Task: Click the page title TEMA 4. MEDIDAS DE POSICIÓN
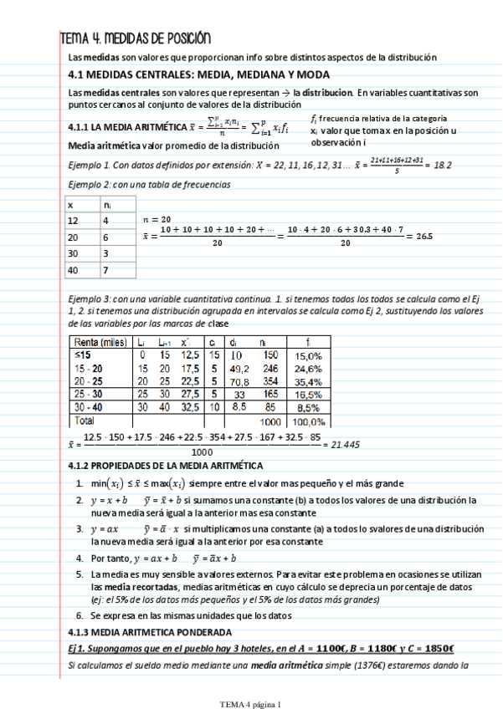coord(135,38)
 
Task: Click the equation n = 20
coord(159,217)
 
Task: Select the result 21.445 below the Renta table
coord(344,445)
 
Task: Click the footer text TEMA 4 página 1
coord(251,704)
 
